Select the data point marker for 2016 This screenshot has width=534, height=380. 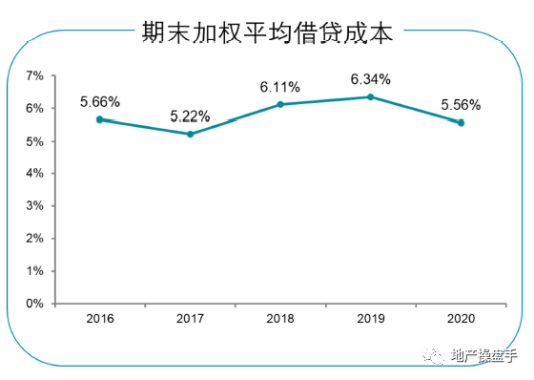pos(100,119)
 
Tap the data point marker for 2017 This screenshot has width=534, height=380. pos(190,134)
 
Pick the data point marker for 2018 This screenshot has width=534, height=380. pos(280,104)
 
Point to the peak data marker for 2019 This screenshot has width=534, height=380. pos(370,96)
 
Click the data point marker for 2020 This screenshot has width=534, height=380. pos(461,122)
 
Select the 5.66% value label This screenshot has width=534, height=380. pos(101,100)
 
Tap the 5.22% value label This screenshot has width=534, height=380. pos(191,116)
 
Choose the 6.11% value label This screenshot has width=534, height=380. pos(280,86)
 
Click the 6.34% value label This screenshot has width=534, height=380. pos(371,77)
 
